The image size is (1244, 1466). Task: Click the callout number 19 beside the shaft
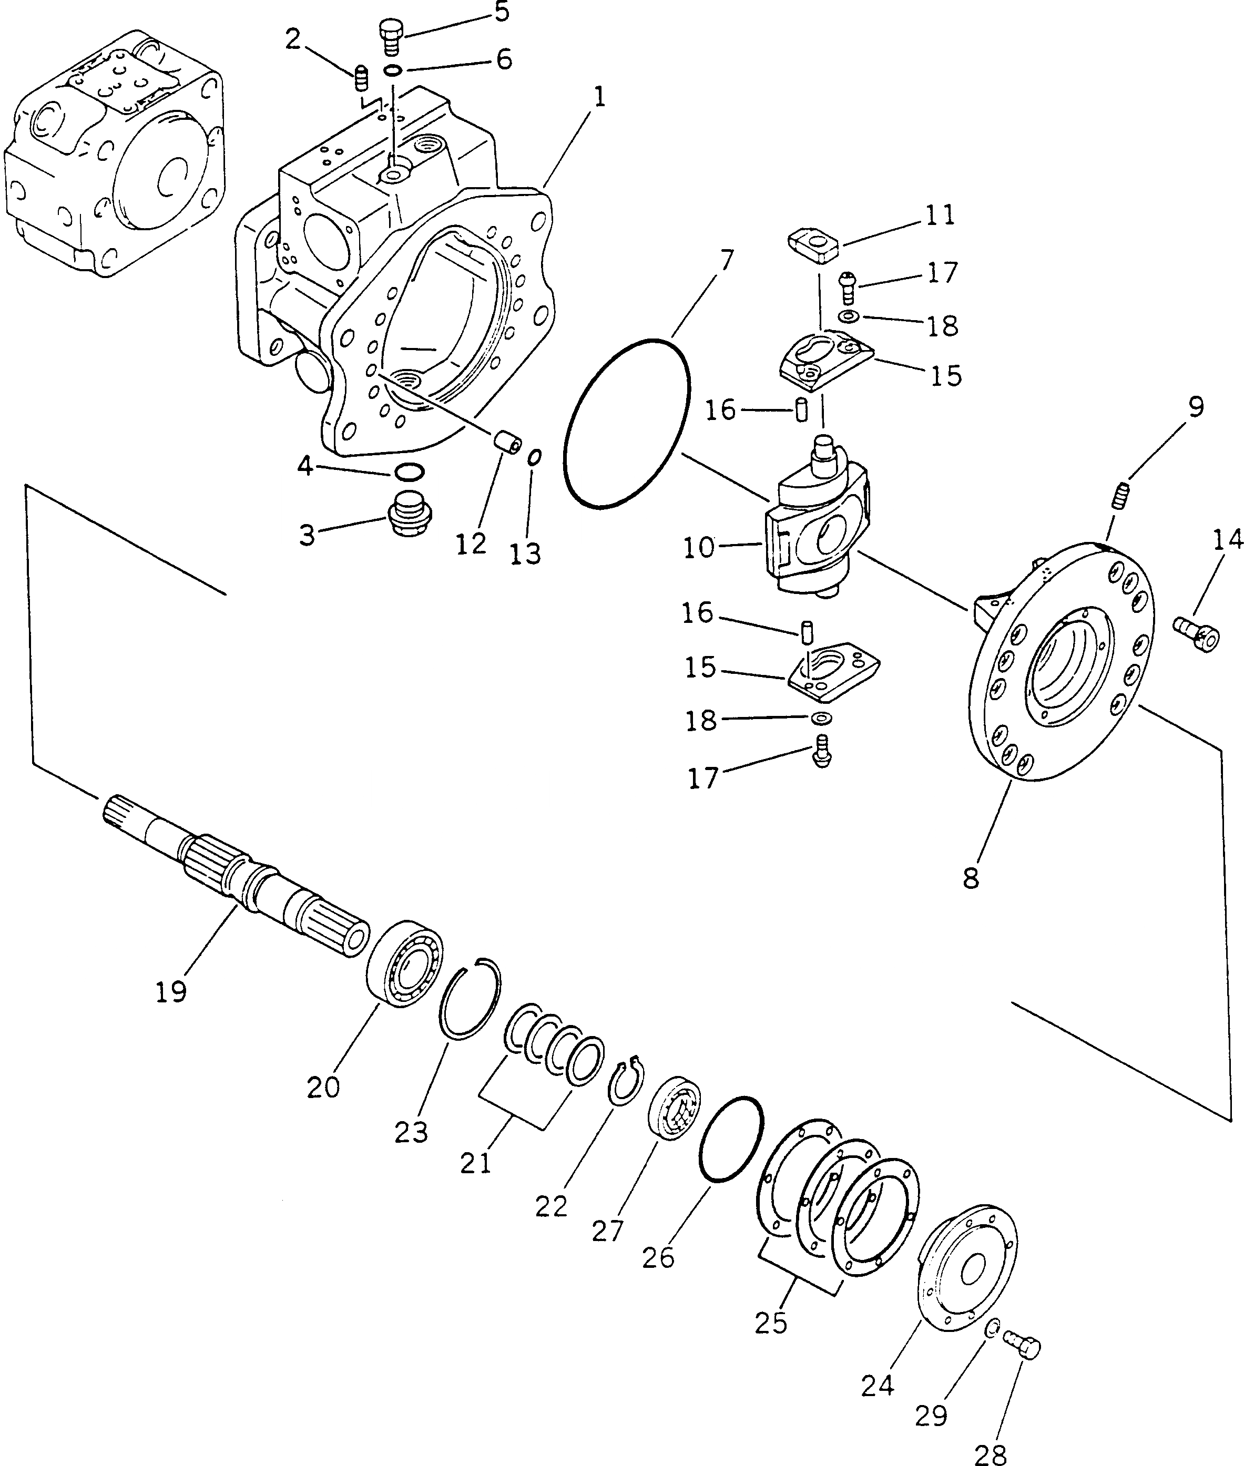pos(171,991)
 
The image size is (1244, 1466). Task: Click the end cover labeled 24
pos(967,1268)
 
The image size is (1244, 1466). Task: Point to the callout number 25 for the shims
pos(770,1323)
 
